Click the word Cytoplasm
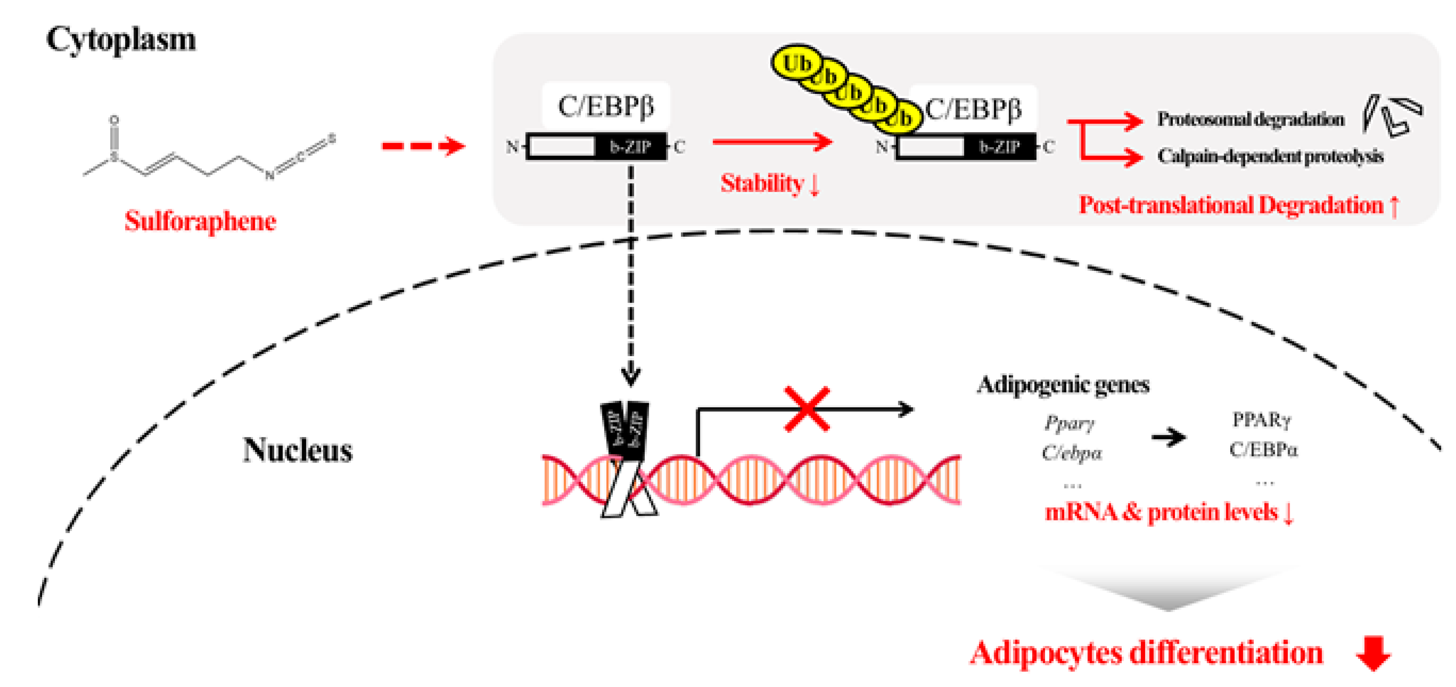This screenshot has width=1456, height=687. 121,39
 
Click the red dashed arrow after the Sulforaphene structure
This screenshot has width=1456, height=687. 423,146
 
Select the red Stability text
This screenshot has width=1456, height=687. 762,183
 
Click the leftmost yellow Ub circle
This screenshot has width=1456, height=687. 796,63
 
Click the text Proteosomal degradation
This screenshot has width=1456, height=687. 1250,119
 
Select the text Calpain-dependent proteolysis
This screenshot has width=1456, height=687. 1270,156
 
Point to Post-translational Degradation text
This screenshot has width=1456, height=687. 1232,205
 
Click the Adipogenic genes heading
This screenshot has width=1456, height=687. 1062,385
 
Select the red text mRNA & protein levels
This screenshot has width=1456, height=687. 1161,512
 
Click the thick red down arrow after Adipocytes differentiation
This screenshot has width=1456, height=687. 1373,653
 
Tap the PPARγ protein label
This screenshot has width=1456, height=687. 1262,420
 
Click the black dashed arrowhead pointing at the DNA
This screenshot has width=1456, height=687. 631,376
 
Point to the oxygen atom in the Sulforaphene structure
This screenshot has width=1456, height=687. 114,120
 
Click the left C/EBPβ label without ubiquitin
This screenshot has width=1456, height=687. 605,106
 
